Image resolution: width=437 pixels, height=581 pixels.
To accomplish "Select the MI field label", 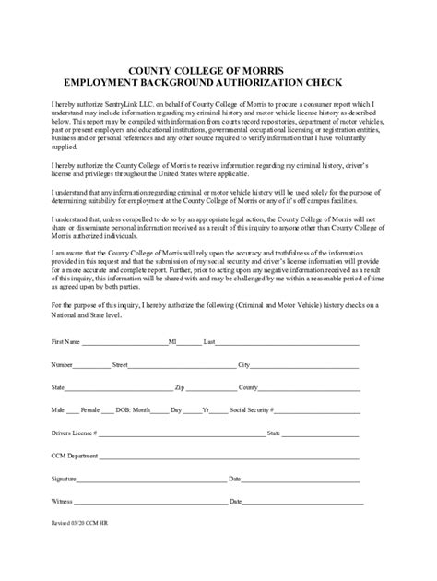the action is click(172, 341).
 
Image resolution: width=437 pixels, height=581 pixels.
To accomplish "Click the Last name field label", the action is click(209, 341).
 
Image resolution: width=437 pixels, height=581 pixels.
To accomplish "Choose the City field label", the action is click(244, 365).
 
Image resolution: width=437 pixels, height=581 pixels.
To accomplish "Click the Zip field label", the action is click(180, 388).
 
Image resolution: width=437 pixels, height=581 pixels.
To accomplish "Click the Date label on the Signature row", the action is click(235, 479).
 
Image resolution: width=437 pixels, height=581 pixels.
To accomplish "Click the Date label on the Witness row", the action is click(235, 502).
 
